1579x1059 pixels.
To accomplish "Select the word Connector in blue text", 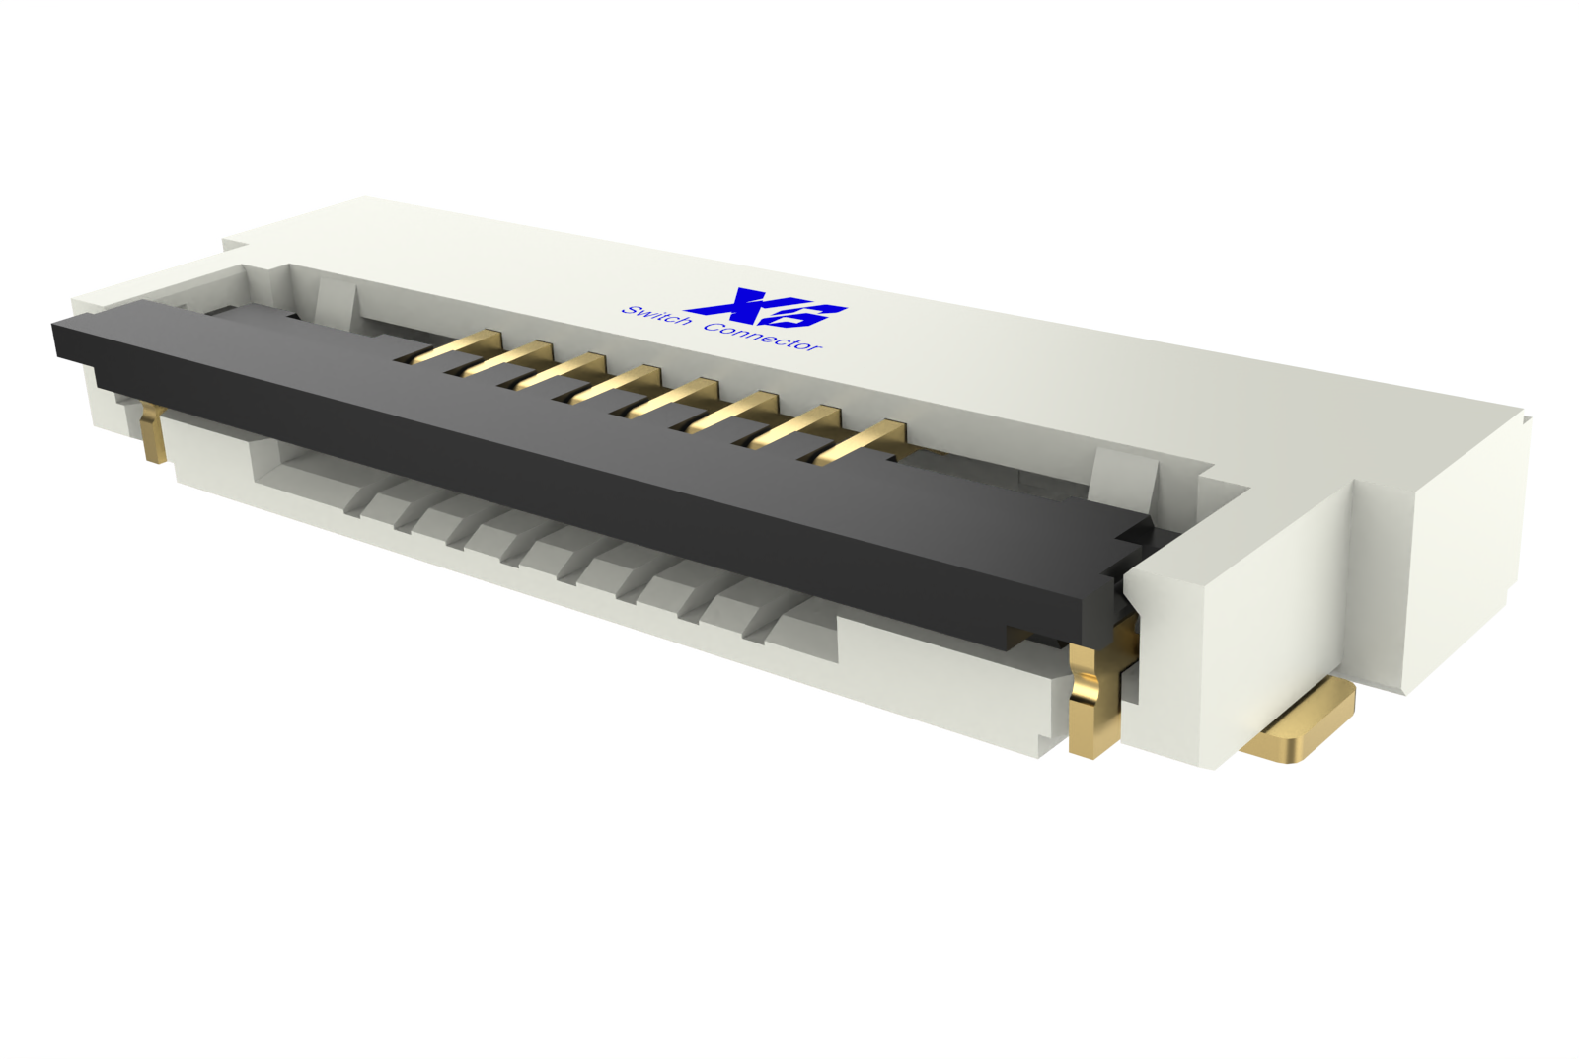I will (x=762, y=337).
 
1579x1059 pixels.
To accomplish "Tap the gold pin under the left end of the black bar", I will (x=152, y=435).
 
